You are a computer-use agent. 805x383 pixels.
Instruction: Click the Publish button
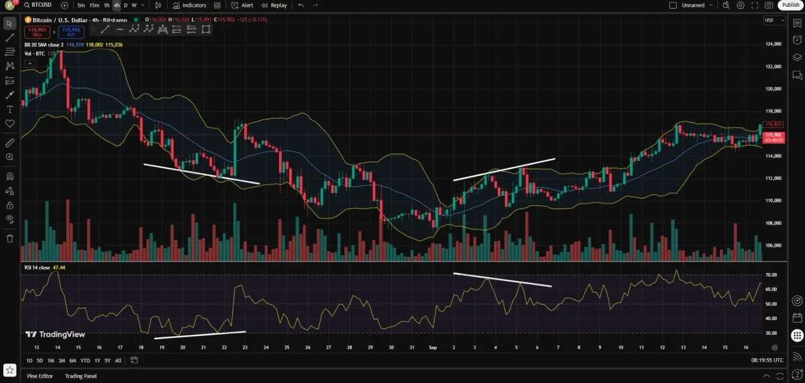(x=790, y=5)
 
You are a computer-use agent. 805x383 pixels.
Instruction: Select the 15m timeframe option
(x=94, y=5)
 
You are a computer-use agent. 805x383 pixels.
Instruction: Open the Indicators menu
(x=190, y=5)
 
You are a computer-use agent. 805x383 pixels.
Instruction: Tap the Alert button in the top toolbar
(x=242, y=5)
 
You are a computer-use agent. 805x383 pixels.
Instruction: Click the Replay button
(x=274, y=5)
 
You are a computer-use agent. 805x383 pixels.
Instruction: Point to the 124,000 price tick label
(x=773, y=44)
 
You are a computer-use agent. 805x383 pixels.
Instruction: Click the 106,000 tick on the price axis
(x=773, y=245)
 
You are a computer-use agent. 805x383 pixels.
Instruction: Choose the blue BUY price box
(x=70, y=31)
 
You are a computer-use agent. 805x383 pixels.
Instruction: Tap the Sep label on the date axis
(x=432, y=347)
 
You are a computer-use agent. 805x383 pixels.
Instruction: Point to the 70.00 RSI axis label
(x=770, y=275)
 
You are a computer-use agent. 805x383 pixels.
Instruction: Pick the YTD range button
(x=85, y=360)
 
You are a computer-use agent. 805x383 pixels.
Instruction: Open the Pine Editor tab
(x=40, y=376)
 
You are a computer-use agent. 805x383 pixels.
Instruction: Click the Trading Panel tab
(x=80, y=376)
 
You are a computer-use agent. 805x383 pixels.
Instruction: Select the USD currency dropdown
(x=773, y=20)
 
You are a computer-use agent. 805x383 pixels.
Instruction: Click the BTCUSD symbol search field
(x=42, y=5)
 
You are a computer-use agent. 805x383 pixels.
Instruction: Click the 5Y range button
(x=107, y=360)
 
